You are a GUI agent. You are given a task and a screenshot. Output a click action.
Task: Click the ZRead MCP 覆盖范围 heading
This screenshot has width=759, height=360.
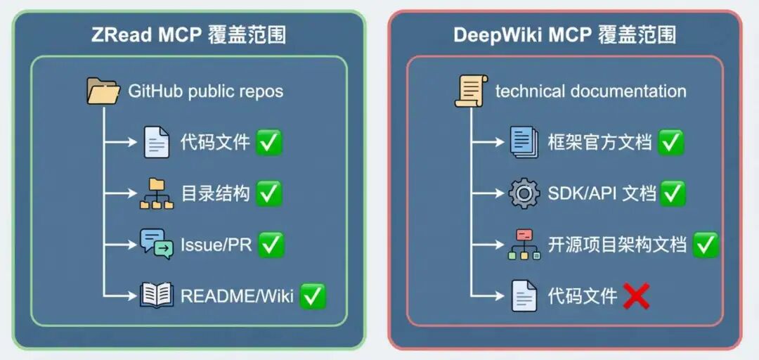pyautogui.click(x=188, y=35)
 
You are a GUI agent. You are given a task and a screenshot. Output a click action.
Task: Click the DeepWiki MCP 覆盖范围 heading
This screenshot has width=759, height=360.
pyautogui.click(x=564, y=35)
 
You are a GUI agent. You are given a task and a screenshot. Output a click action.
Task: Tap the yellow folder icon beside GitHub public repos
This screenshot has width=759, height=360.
pyautogui.click(x=103, y=91)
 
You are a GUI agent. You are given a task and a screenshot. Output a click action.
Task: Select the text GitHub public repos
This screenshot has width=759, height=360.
pyautogui.click(x=205, y=91)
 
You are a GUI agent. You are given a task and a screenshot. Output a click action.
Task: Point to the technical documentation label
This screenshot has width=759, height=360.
pyautogui.click(x=590, y=91)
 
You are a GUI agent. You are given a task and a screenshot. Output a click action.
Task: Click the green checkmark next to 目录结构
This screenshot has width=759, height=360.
pyautogui.click(x=268, y=193)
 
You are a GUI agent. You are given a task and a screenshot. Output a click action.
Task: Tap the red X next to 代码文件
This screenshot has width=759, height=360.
pyautogui.click(x=635, y=296)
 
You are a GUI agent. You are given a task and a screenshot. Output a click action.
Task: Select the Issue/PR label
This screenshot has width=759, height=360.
pyautogui.click(x=215, y=245)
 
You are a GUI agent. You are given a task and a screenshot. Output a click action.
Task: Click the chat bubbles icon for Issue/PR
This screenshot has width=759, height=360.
pyautogui.click(x=156, y=244)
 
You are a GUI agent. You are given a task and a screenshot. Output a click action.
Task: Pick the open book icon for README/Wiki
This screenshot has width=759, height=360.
pyautogui.click(x=156, y=295)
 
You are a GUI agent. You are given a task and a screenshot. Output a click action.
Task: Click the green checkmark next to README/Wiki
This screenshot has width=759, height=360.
pyautogui.click(x=313, y=296)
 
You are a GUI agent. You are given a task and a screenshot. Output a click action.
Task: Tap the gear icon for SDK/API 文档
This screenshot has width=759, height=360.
pyautogui.click(x=524, y=193)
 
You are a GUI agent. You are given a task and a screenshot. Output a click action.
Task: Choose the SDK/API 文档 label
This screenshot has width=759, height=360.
pyautogui.click(x=602, y=193)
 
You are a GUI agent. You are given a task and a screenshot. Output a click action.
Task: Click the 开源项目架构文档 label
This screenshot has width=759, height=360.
pyautogui.click(x=616, y=245)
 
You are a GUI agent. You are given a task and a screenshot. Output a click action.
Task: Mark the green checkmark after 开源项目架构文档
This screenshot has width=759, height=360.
pyautogui.click(x=705, y=245)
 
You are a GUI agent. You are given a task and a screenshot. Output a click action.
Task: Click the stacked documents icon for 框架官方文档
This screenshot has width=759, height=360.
pyautogui.click(x=524, y=142)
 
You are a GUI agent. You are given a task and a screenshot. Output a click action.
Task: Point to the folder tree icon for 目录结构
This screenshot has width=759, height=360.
pyautogui.click(x=156, y=193)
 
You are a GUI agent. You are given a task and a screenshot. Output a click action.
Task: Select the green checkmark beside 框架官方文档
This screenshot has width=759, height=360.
pyautogui.click(x=670, y=142)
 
